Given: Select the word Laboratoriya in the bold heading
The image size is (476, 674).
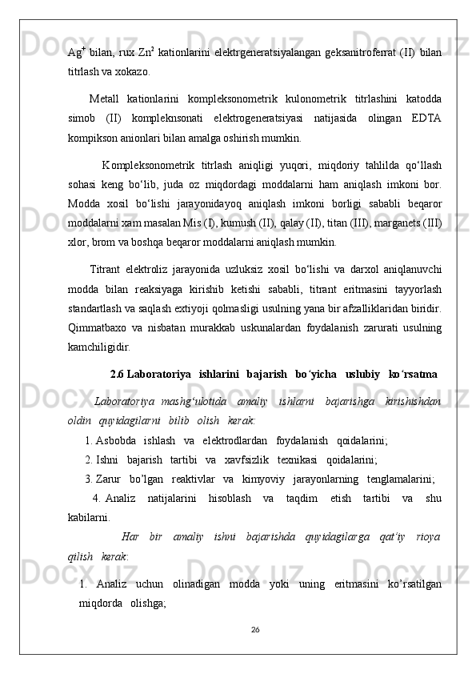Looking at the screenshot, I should [159, 351].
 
